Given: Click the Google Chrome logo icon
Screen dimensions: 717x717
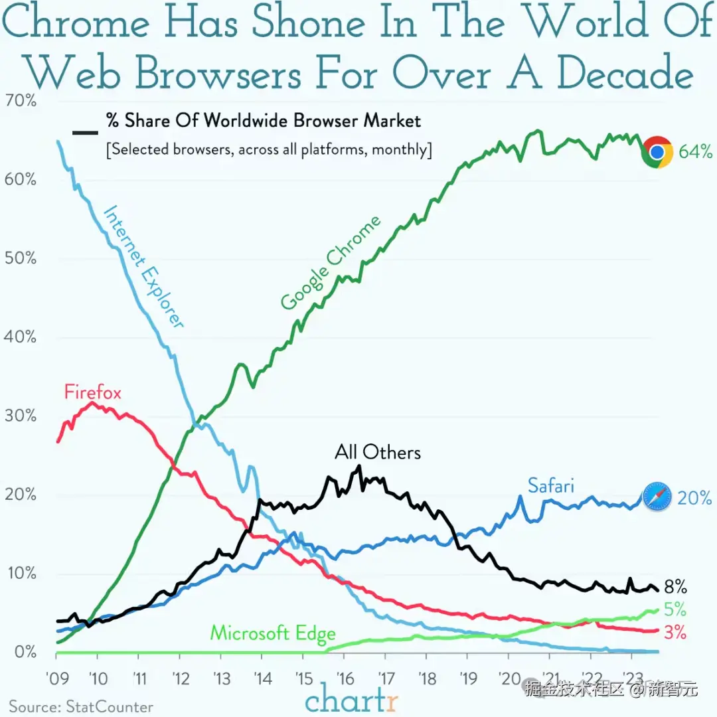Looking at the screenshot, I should coord(657,152).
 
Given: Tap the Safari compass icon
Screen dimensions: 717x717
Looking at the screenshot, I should coord(657,497).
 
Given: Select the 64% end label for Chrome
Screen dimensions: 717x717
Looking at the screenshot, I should coord(695,152).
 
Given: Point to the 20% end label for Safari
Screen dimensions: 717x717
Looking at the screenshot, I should coord(694,497).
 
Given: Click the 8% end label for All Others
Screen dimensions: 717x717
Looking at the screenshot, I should coord(675,587).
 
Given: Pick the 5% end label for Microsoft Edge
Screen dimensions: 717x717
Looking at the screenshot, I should coord(675,609).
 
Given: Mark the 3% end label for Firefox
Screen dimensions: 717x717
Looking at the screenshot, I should coord(675,633).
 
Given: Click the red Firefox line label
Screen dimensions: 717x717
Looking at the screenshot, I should coord(93,392).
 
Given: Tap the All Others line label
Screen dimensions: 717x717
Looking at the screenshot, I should coord(378,453).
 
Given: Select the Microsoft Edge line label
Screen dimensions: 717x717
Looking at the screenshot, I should coord(273,633).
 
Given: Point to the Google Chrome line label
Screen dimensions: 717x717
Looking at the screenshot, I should coord(331,263).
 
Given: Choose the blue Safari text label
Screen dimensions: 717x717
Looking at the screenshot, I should coord(550,485).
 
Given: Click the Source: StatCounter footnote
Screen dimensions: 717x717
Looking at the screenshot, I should coord(81,706).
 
